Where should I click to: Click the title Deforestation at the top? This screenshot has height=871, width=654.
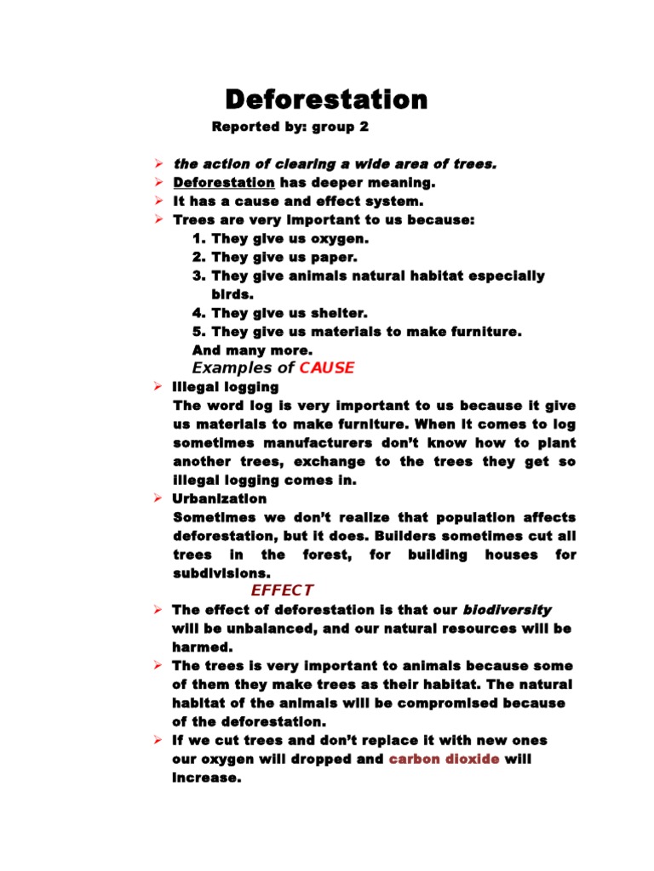(x=326, y=100)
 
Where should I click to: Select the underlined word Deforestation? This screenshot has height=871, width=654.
(x=224, y=183)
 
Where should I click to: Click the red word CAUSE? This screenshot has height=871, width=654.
(x=327, y=368)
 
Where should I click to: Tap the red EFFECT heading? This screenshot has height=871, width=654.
(x=282, y=590)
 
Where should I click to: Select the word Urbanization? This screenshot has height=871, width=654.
(x=220, y=498)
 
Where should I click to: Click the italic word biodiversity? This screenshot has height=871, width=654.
(x=507, y=610)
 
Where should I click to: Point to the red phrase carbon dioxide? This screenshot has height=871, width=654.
(x=444, y=759)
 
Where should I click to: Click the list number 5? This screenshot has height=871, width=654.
(x=198, y=332)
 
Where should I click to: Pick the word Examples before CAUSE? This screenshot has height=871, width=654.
(x=232, y=368)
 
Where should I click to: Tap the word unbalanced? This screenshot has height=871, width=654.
(x=263, y=629)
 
